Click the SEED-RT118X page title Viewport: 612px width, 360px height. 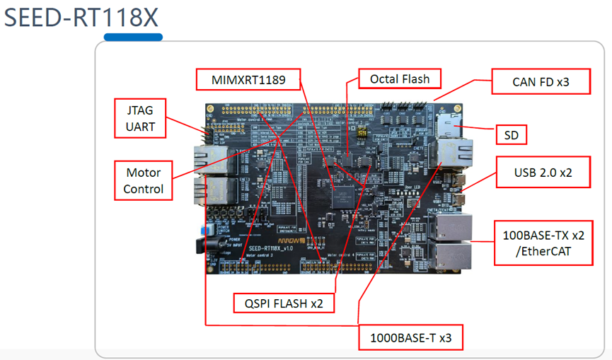point(81,17)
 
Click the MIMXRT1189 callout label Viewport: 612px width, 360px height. point(248,79)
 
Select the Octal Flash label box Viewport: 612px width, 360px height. point(399,79)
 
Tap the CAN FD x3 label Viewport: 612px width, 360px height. point(540,82)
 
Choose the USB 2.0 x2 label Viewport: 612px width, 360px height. point(543,172)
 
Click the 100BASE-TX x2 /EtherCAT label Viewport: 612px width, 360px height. point(543,243)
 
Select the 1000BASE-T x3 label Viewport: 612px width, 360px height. point(410,338)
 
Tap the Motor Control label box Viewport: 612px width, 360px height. point(143,180)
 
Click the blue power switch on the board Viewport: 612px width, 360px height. point(210,231)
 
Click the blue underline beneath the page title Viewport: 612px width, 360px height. point(133,37)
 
